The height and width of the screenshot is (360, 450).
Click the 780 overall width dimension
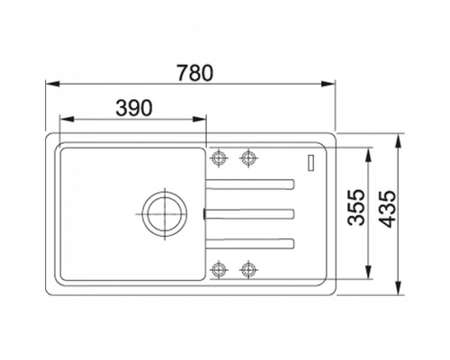[x=195, y=73]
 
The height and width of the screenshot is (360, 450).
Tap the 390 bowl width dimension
[x=134, y=108]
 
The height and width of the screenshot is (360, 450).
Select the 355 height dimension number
[x=356, y=207]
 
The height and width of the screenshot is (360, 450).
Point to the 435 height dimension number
[x=387, y=209]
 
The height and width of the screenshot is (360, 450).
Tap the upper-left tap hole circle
[x=219, y=157]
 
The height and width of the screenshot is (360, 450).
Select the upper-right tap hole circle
[x=248, y=157]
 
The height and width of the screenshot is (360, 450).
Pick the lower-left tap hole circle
[x=219, y=269]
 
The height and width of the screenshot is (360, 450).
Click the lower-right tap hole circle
[x=248, y=269]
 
